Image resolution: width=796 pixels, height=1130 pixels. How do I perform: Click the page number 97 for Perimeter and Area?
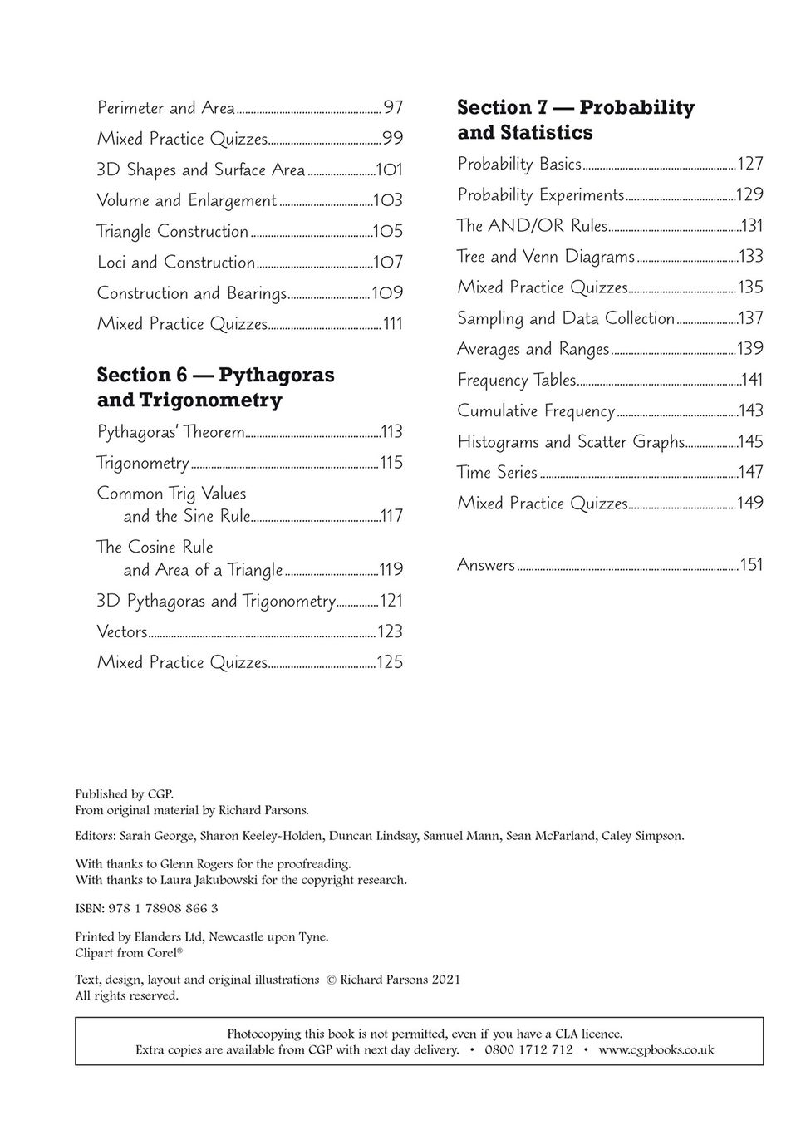(393, 108)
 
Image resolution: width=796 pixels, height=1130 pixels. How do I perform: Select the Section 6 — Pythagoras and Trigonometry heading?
(215, 387)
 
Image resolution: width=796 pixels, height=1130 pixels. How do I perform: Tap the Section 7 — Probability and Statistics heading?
(575, 120)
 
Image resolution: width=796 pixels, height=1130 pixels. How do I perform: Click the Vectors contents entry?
(122, 632)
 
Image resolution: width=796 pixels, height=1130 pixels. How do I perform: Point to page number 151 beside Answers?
(751, 565)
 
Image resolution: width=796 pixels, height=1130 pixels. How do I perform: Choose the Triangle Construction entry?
(173, 231)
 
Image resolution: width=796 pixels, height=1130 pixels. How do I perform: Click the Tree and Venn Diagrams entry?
(546, 257)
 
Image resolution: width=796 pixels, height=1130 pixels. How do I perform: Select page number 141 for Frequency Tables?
(752, 380)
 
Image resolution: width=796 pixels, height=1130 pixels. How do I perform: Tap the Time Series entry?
(497, 473)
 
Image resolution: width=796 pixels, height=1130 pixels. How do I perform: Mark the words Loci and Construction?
(176, 263)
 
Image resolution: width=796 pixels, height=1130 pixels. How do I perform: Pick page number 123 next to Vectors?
(390, 632)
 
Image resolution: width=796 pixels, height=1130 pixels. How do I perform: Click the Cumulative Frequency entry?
(536, 411)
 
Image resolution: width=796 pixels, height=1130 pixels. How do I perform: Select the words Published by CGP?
(125, 793)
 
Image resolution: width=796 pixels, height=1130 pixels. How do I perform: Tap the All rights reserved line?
(126, 995)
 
